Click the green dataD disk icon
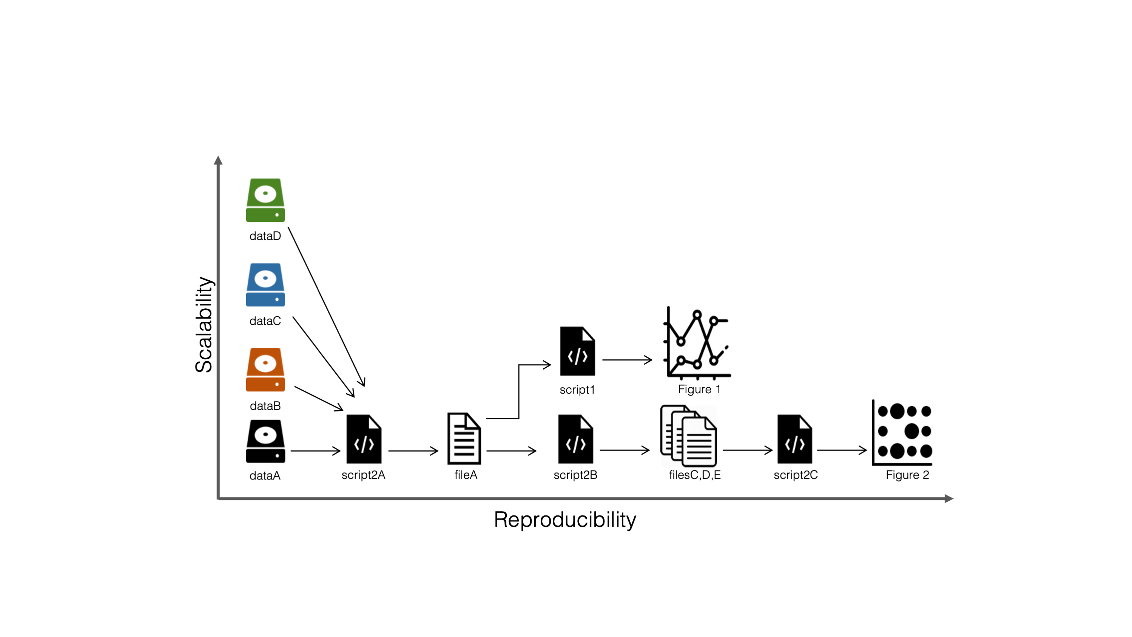265,200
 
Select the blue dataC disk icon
265,285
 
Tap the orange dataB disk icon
265,370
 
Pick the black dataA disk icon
265,441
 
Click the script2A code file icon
363,439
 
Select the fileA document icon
464,439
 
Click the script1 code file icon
577,351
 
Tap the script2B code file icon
575,439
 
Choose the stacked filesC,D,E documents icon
688,436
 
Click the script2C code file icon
794,439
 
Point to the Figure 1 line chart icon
697,342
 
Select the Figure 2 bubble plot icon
902,433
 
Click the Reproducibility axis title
565,519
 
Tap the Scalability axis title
204,325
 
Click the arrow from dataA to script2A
316,451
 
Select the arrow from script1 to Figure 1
627,360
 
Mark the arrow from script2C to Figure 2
842,450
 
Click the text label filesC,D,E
695,475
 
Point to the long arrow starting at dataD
326,306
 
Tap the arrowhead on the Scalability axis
218,160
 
